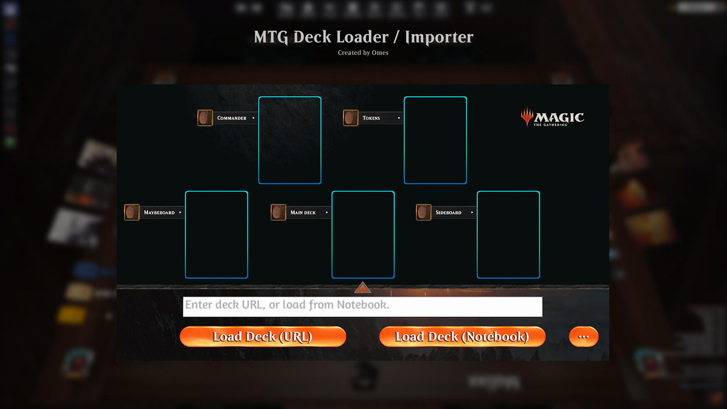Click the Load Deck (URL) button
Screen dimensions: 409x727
(x=263, y=337)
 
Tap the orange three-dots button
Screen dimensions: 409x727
(x=583, y=337)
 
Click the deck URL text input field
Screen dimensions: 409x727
(x=362, y=306)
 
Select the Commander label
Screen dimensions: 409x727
(x=232, y=118)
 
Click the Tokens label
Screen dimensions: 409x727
(x=371, y=118)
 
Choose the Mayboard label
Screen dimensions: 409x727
(x=159, y=212)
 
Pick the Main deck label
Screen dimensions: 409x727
(x=303, y=212)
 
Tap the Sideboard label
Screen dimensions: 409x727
(x=448, y=212)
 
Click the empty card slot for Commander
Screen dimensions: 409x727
(x=290, y=140)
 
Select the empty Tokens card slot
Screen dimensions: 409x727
(x=435, y=140)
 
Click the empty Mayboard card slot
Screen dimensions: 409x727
(x=216, y=234)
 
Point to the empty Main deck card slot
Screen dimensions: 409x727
(x=363, y=234)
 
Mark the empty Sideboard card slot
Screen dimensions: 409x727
(x=508, y=234)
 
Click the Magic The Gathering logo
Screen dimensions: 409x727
(x=552, y=117)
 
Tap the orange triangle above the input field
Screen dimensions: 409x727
(x=362, y=288)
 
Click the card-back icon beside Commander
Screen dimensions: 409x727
(x=205, y=118)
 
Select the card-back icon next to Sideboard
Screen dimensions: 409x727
(x=423, y=212)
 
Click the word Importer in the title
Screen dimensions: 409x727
(x=439, y=37)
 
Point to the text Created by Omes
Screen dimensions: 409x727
(x=363, y=53)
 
